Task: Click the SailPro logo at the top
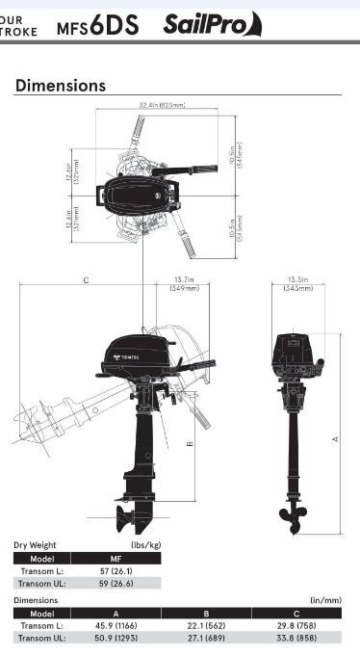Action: point(212,23)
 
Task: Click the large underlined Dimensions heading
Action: point(60,86)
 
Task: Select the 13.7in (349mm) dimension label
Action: point(184,284)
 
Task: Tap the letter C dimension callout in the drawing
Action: point(86,280)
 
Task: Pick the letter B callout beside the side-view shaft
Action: point(191,444)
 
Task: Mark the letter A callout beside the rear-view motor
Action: point(335,438)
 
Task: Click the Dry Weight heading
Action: point(35,545)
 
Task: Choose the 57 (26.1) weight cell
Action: point(116,571)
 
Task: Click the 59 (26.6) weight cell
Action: point(116,583)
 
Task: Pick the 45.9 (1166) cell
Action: point(116,625)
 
